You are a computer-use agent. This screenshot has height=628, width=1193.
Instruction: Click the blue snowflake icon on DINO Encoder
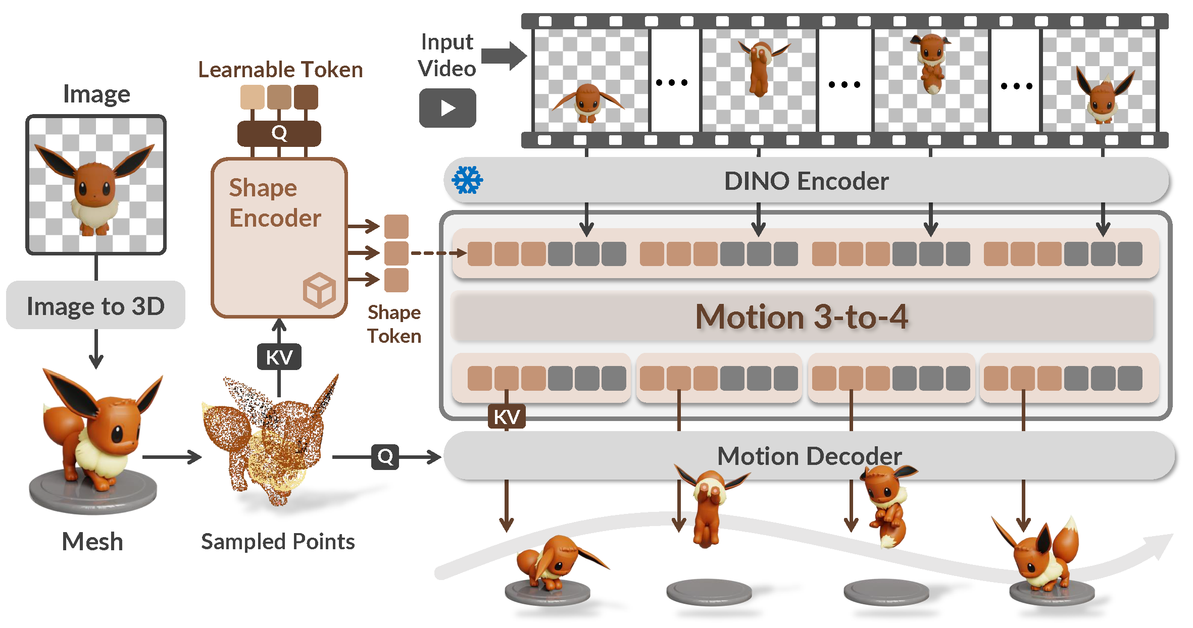[x=467, y=180]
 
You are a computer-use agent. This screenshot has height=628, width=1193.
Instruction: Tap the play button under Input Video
[x=448, y=108]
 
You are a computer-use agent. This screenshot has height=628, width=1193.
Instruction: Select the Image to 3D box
[x=95, y=305]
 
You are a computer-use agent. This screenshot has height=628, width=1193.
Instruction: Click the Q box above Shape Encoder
[x=279, y=133]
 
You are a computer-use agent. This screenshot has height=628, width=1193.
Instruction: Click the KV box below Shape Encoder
[x=279, y=357]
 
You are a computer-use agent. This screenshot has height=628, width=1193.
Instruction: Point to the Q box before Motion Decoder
[x=385, y=457]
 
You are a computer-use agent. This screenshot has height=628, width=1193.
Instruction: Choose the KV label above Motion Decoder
[x=507, y=417]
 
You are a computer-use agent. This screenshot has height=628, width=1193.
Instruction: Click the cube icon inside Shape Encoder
[x=319, y=290]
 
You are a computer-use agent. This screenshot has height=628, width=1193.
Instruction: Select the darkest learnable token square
[x=306, y=97]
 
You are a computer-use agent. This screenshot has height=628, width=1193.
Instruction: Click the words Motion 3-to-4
[x=802, y=317]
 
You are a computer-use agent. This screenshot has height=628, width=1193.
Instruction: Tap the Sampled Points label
[x=278, y=542]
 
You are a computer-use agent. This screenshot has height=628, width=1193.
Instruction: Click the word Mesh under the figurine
[x=92, y=542]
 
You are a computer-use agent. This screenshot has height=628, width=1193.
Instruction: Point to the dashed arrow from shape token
[x=437, y=252]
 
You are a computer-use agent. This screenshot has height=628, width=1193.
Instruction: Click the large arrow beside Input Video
[x=504, y=56]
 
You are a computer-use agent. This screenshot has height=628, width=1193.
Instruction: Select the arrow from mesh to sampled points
[x=172, y=457]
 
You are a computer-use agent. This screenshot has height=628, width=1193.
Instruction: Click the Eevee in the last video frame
[x=1105, y=96]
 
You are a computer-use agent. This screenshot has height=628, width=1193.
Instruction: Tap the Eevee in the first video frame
[x=587, y=102]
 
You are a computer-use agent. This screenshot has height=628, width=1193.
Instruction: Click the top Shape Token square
[x=396, y=226]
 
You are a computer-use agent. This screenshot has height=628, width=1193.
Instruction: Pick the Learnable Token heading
[x=280, y=70]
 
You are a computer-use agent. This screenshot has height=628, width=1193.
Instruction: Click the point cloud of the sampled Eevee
[x=273, y=439]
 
